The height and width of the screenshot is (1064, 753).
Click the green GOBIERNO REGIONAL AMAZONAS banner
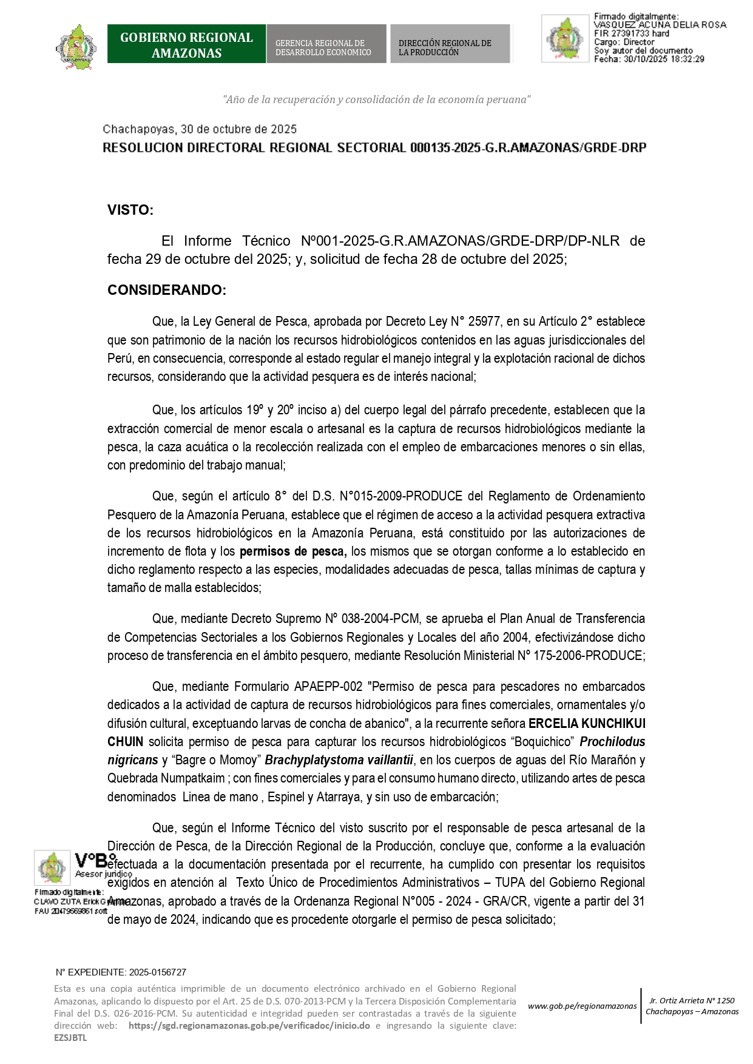click(x=186, y=44)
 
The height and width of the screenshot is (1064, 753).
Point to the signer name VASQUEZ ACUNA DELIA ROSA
click(x=660, y=25)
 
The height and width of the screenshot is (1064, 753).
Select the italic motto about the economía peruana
click(x=376, y=99)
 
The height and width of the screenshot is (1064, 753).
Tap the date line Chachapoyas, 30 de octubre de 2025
click(x=200, y=129)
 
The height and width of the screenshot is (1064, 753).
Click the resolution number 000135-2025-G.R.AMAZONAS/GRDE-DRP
click(x=528, y=148)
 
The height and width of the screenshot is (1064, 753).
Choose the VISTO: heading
click(x=130, y=210)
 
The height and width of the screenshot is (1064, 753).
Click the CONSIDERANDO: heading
click(x=167, y=290)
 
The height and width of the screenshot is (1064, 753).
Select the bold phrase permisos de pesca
click(x=293, y=551)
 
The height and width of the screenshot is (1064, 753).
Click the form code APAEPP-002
click(x=328, y=687)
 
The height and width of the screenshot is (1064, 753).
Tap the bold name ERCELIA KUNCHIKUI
click(x=587, y=724)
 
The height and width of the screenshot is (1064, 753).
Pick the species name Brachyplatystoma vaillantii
click(x=339, y=760)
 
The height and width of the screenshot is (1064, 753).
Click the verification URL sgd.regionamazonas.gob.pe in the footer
click(x=249, y=1026)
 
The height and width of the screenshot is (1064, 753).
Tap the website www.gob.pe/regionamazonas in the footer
click(x=582, y=1006)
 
